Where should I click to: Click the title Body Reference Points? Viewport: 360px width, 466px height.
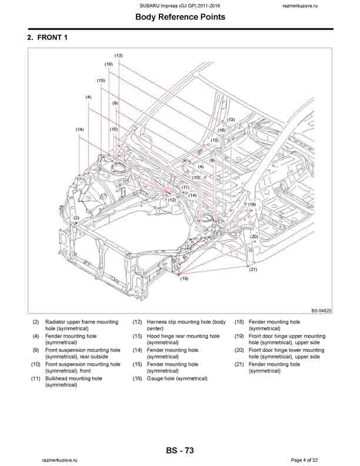(180, 17)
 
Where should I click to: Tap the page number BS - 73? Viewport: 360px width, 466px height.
(180, 451)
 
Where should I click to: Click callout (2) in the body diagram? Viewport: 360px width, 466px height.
(76, 218)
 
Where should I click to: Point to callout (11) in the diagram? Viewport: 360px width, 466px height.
(185, 187)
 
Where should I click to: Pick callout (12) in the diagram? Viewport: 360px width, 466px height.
(172, 200)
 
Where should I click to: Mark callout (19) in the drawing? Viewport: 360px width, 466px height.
(252, 204)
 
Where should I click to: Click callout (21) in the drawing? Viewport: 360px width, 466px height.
(254, 269)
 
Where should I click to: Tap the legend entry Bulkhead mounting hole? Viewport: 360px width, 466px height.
(74, 378)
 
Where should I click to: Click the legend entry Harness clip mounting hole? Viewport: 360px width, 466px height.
(186, 322)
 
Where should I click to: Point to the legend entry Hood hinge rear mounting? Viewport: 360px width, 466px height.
(183, 336)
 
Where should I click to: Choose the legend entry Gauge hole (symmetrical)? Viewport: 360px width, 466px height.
(177, 378)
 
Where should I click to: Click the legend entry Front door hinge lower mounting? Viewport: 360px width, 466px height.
(286, 350)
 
